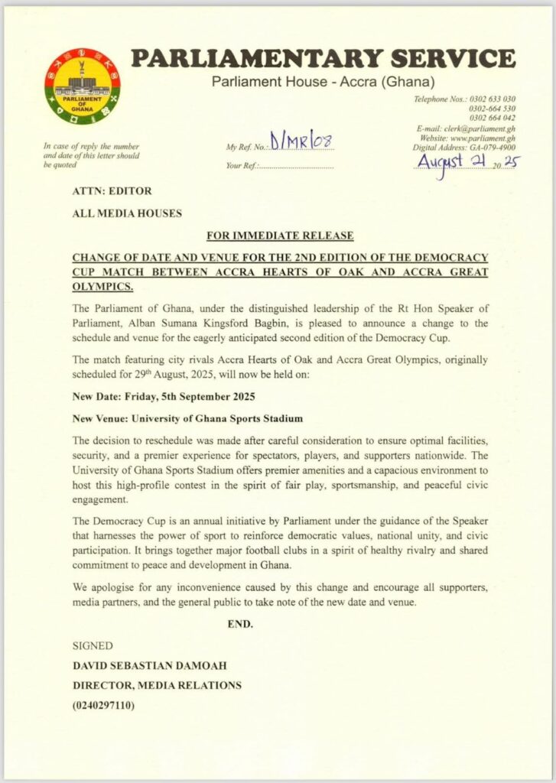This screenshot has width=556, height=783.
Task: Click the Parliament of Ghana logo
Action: pos(82,86)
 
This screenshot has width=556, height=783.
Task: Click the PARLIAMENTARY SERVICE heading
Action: pos(322,59)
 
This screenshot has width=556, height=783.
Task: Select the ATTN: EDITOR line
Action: pos(112,191)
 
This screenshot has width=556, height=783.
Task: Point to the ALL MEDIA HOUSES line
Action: pos(127,213)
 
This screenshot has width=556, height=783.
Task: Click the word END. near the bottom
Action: pos(240,624)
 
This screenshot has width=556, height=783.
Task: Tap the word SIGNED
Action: pos(92,646)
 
